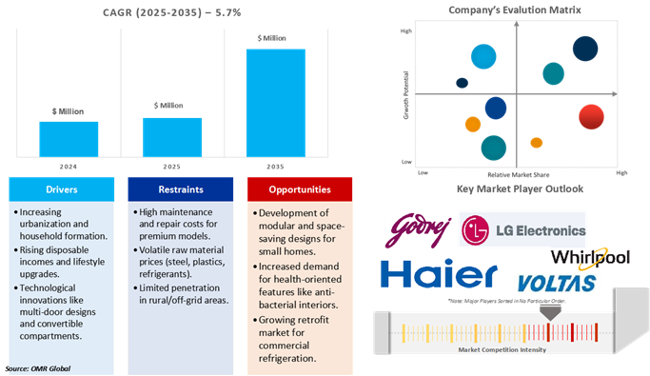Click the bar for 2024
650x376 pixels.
tap(69, 138)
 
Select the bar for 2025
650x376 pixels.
tap(172, 136)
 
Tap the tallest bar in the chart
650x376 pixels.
tap(275, 102)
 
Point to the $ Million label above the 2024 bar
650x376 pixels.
tap(69, 110)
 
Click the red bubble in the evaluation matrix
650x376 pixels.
tap(592, 116)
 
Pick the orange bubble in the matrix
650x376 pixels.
tap(473, 124)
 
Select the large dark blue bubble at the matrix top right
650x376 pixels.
tap(585, 49)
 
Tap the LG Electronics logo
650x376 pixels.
tap(522, 229)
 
